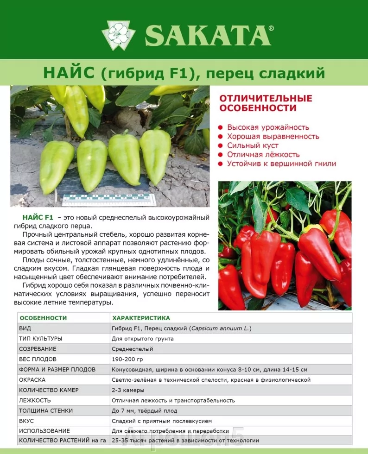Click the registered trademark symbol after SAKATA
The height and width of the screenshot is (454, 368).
271,28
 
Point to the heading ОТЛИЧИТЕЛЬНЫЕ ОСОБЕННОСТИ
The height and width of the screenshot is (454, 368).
266,103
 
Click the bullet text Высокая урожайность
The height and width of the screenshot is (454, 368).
268,127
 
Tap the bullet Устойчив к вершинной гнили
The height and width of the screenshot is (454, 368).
281,164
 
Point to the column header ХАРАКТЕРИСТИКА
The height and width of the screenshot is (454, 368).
141,318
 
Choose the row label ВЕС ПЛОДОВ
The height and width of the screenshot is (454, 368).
38,359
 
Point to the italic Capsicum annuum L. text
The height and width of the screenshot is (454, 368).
220,328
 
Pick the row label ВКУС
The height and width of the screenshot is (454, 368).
27,421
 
